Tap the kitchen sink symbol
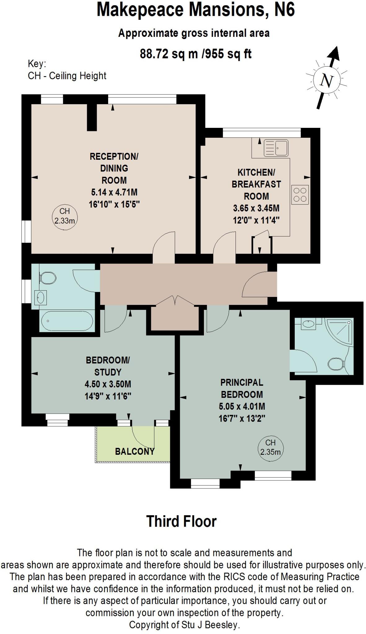[x=276, y=148]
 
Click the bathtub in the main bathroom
[x=66, y=321]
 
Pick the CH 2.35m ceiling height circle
[x=270, y=447]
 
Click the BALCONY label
[x=134, y=451]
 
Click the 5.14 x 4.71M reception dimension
[x=114, y=192]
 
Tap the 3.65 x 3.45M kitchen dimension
[x=256, y=208]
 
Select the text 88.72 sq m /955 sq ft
[x=196, y=54]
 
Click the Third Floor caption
[x=181, y=521]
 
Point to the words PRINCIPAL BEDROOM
[x=242, y=389]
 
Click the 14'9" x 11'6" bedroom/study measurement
[x=108, y=396]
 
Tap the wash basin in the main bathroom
[x=40, y=298]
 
